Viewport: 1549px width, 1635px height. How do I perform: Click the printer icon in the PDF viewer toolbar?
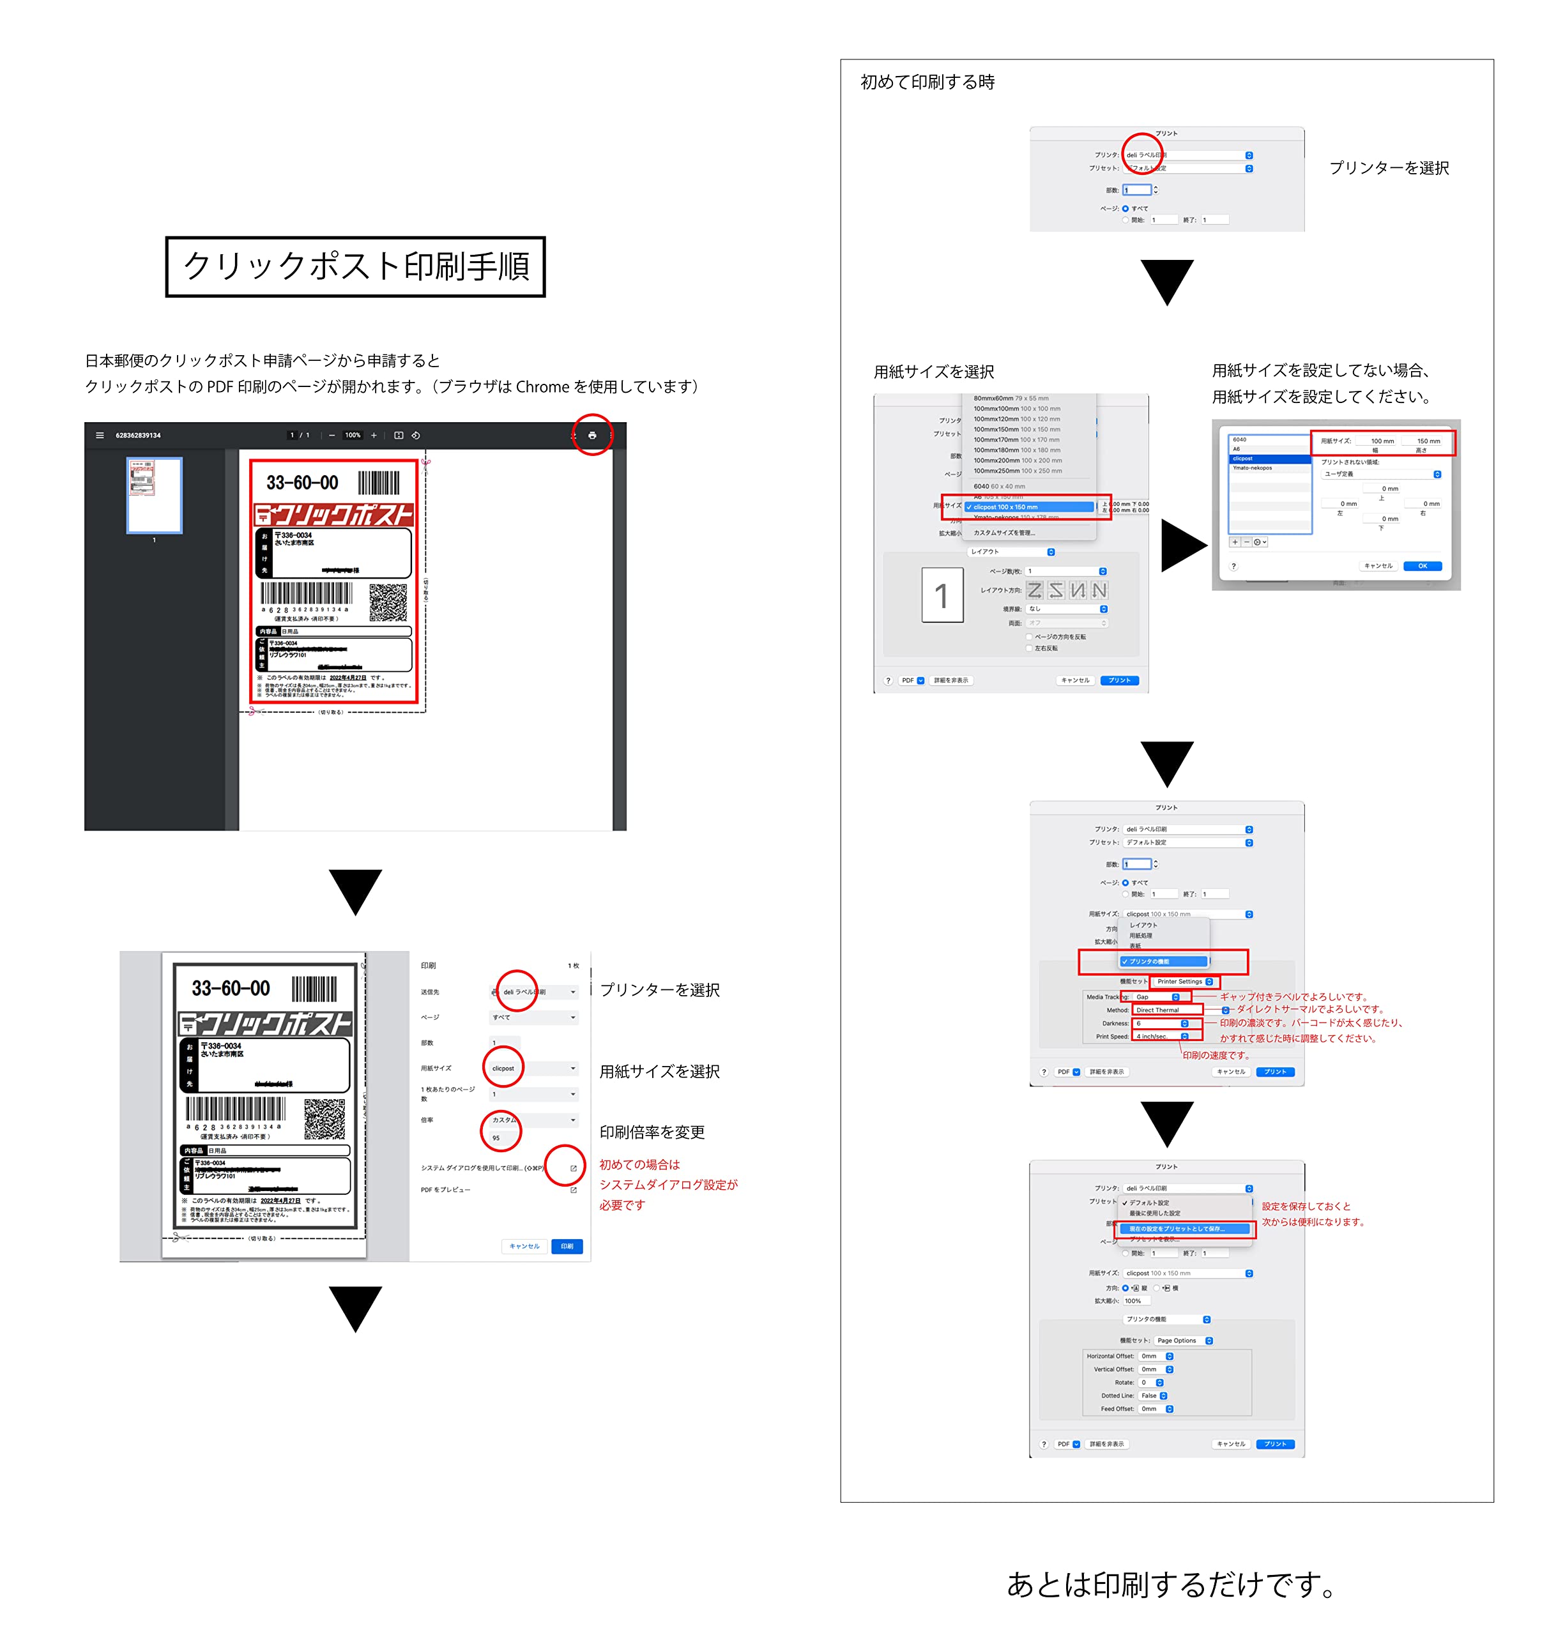pos(592,435)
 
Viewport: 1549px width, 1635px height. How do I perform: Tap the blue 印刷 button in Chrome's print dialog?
pos(567,1246)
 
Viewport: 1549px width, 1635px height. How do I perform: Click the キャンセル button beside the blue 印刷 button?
pos(524,1246)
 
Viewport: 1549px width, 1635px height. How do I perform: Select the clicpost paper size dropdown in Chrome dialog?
pos(533,1068)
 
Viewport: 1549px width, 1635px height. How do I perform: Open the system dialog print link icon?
pos(573,1168)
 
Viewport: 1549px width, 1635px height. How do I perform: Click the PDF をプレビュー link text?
pos(446,1190)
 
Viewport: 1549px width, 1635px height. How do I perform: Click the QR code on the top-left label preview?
pos(387,602)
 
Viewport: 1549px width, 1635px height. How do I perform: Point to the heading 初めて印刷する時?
pos(927,82)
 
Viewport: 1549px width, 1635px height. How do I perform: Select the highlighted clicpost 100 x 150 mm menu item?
pos(1028,507)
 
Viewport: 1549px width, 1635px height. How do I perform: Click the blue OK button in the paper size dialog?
pos(1422,567)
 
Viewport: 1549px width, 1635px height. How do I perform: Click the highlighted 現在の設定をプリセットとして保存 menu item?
pos(1185,1229)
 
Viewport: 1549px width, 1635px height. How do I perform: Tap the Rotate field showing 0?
pos(1151,1382)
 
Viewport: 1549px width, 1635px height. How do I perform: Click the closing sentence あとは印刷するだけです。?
pos(1170,1584)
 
